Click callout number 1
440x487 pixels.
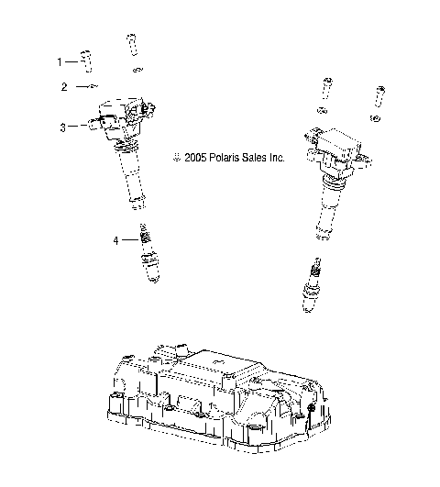[60, 61]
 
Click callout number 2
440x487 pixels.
[64, 87]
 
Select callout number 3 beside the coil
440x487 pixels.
[62, 127]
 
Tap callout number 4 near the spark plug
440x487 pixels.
[115, 240]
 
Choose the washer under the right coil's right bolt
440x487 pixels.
[376, 118]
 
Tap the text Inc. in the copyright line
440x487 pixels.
[278, 158]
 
